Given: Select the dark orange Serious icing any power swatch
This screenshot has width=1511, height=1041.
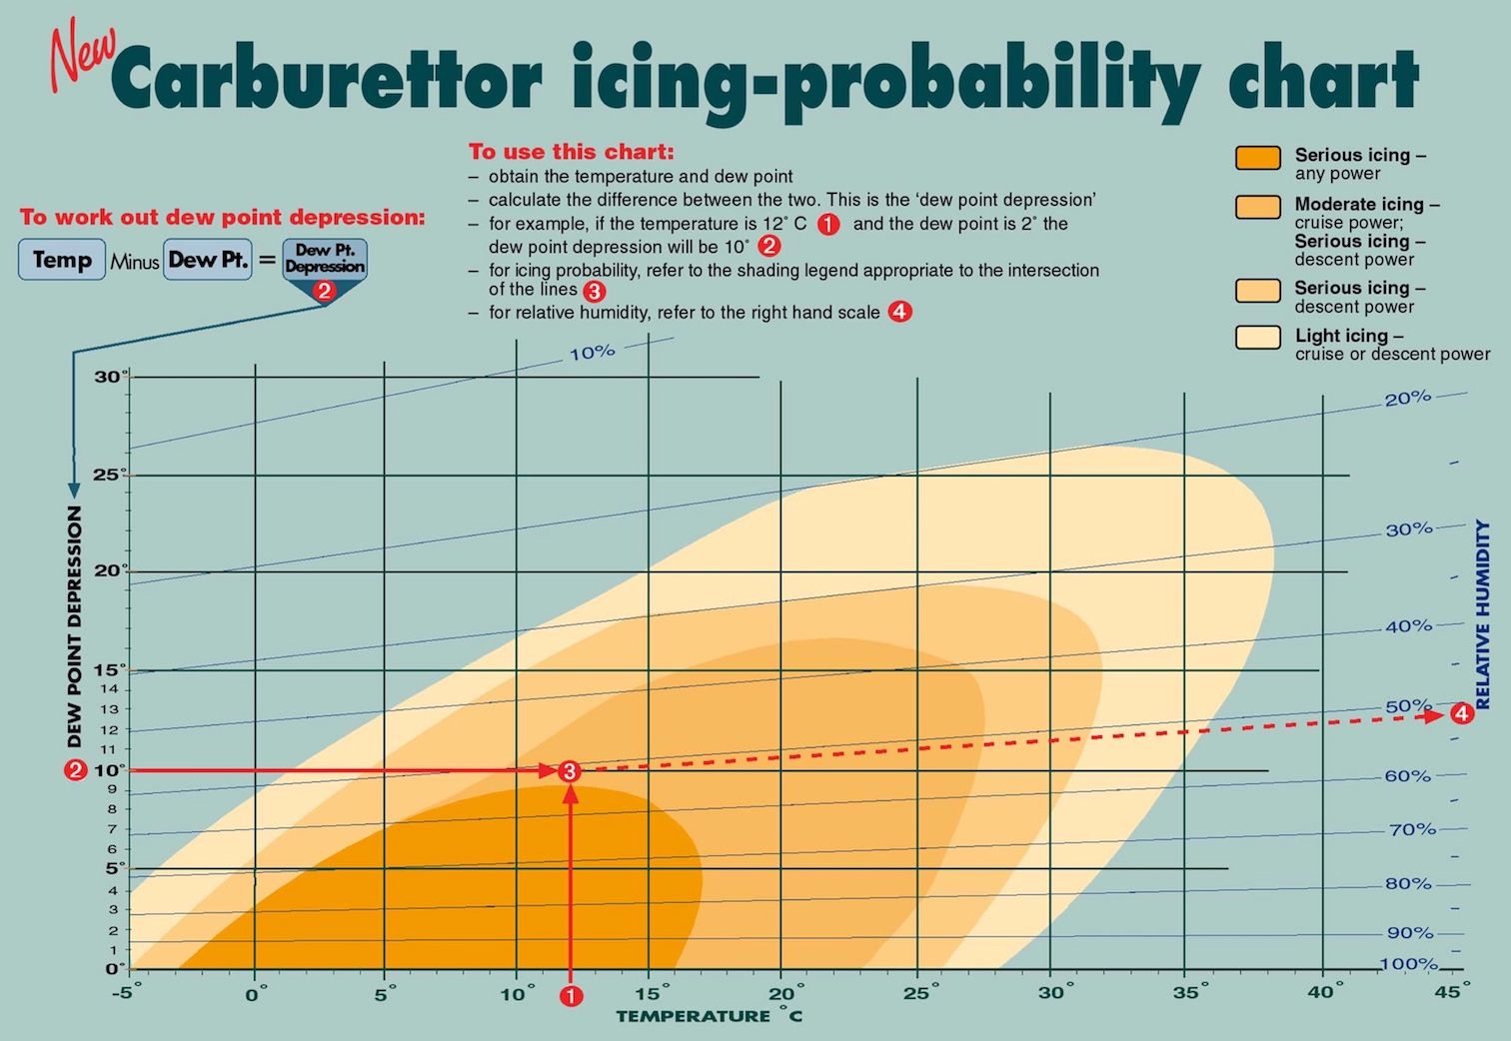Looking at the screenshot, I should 1257,158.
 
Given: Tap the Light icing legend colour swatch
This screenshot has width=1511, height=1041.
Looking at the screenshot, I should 1257,337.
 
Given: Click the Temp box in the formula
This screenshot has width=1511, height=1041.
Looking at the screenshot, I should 61,261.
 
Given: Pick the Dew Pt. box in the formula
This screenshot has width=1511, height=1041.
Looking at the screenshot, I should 207,261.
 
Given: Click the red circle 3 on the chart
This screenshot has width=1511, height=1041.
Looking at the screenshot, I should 569,771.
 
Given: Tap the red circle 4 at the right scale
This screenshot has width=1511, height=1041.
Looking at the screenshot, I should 1462,713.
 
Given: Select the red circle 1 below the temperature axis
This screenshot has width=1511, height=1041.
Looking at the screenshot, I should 571,996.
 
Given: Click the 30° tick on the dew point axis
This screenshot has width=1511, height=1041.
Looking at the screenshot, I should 111,377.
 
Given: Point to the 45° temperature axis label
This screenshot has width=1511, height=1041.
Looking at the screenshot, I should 1451,992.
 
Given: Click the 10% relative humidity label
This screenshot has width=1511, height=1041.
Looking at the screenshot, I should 593,353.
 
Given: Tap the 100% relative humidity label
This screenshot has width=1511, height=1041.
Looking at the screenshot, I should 1408,964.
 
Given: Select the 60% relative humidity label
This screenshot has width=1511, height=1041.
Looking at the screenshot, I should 1407,776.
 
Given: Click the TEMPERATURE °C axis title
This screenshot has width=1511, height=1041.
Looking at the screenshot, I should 709,1017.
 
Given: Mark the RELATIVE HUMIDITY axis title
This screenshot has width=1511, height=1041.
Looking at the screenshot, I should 1483,614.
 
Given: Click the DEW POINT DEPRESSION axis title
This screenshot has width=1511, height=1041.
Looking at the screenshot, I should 75,627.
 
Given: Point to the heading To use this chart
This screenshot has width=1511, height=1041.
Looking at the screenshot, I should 572,152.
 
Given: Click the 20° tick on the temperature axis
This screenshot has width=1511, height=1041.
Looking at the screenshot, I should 785,994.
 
